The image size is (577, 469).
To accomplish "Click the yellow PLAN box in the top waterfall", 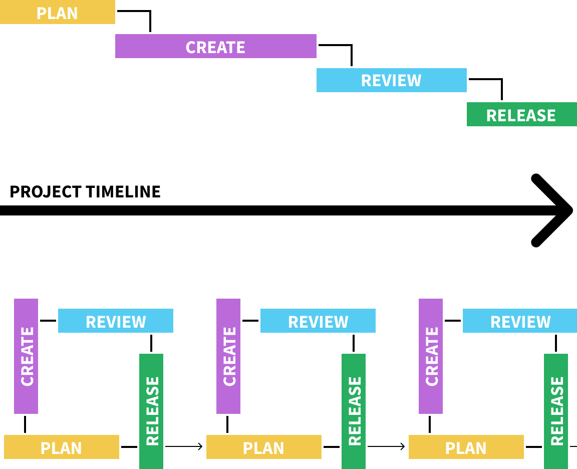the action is [x=58, y=12].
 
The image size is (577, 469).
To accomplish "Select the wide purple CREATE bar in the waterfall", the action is [x=216, y=46].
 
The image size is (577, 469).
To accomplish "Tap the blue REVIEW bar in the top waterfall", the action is [x=392, y=80].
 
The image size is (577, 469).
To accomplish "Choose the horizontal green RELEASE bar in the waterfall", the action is [x=522, y=114].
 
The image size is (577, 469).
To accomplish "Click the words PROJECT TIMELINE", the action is [x=85, y=192].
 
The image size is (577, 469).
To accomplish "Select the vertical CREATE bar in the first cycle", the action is [x=26, y=356].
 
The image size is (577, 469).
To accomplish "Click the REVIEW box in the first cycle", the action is [x=116, y=321].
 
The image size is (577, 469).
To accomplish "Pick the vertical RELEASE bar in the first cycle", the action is [x=151, y=411].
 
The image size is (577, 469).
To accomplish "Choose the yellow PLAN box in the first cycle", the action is [x=62, y=447].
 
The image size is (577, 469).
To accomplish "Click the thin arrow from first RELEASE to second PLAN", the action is [x=184, y=446].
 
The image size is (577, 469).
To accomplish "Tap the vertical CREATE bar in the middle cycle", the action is [x=228, y=356].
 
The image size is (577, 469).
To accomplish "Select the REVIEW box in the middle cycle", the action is [x=318, y=321].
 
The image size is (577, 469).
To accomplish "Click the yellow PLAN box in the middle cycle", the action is [x=264, y=447].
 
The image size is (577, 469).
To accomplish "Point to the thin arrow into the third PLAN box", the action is [x=386, y=446].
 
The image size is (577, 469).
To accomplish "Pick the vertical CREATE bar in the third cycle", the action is [x=431, y=356].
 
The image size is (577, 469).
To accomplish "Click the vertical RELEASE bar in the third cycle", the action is [x=556, y=411].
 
